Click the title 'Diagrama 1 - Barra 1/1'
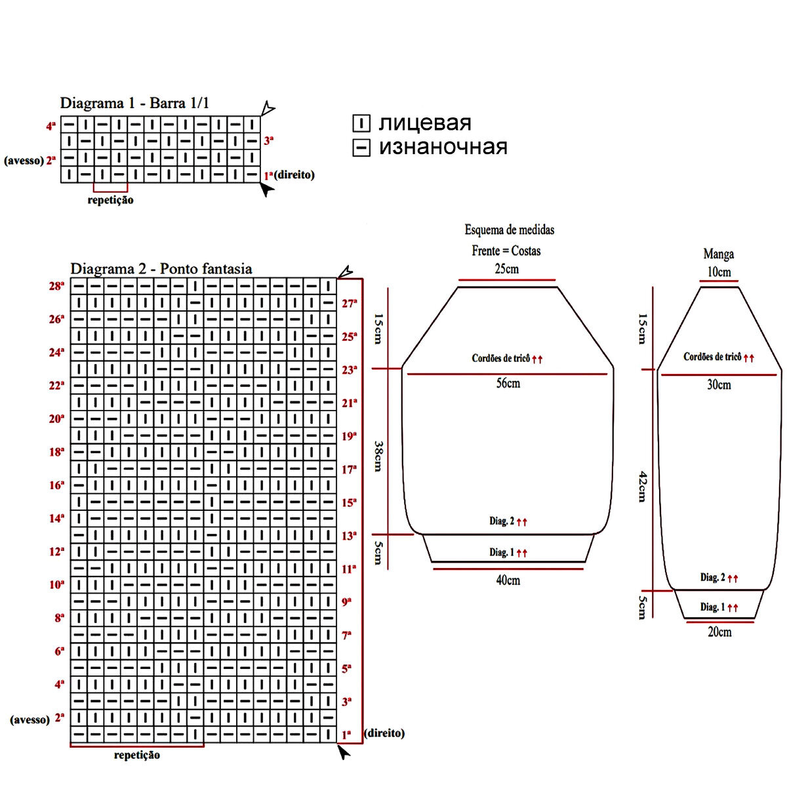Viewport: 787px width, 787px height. (x=134, y=103)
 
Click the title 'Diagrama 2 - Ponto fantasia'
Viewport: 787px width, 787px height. (x=161, y=269)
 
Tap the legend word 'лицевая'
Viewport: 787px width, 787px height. (x=424, y=123)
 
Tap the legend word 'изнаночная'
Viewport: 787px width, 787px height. (x=443, y=146)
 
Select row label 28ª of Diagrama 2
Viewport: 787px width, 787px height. (x=57, y=286)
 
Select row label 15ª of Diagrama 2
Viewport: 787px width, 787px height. (x=349, y=502)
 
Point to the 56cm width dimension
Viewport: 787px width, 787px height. (x=508, y=383)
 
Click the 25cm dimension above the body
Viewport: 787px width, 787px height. (x=506, y=269)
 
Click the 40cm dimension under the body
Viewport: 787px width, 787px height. (x=508, y=580)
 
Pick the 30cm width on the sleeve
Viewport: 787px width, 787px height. (x=719, y=385)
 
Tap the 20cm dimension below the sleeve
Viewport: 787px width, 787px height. (x=719, y=632)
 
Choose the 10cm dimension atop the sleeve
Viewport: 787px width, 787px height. (x=719, y=272)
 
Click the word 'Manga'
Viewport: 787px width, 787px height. (x=719, y=254)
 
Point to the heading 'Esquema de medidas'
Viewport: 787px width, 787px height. (x=510, y=230)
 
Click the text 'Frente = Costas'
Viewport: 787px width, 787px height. (x=506, y=251)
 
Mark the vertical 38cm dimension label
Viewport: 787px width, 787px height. (x=378, y=455)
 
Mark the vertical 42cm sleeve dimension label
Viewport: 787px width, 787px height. (x=643, y=486)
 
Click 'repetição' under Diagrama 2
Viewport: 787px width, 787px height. (x=136, y=755)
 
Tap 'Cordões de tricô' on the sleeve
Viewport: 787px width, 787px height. (x=712, y=357)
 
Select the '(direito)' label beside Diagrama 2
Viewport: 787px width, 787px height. (x=384, y=733)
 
